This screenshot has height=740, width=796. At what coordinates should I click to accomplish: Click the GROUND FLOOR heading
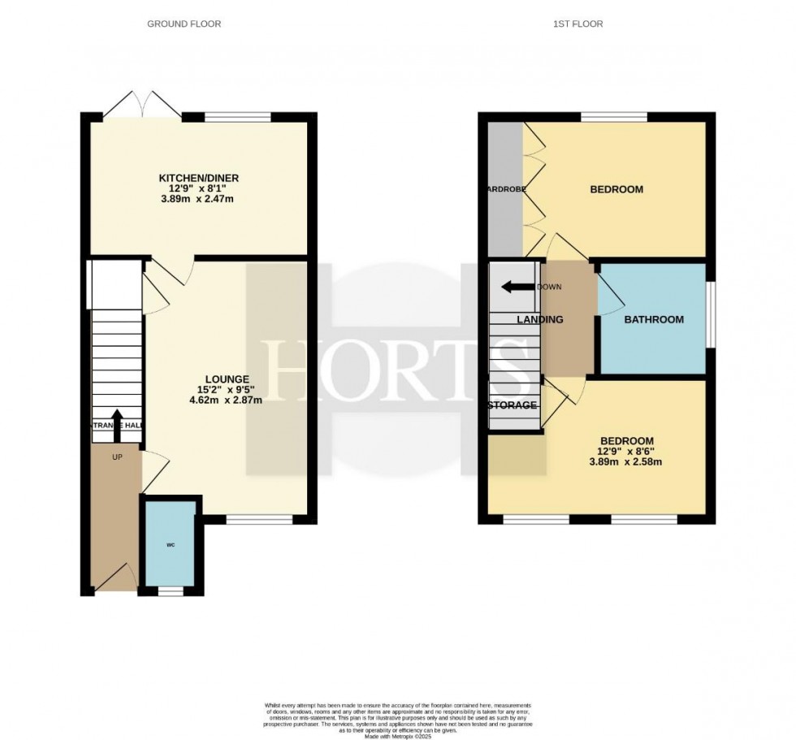(x=184, y=24)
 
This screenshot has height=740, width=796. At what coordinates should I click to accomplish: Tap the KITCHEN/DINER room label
(x=199, y=178)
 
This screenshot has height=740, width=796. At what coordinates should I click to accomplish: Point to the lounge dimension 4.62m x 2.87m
(x=227, y=400)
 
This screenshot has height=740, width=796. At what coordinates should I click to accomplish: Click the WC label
(x=171, y=545)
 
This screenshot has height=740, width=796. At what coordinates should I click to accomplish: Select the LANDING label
(x=540, y=320)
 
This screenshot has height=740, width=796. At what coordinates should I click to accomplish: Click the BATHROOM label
(x=654, y=320)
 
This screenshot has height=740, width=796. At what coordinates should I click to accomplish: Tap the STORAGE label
(x=513, y=405)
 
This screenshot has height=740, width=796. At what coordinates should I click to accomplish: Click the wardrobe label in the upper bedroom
(x=504, y=189)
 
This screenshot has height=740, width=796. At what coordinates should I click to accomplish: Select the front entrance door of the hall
(x=116, y=578)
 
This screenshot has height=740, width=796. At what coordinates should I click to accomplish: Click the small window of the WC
(x=171, y=592)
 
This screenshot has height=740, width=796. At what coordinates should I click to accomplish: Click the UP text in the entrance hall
(x=117, y=457)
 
